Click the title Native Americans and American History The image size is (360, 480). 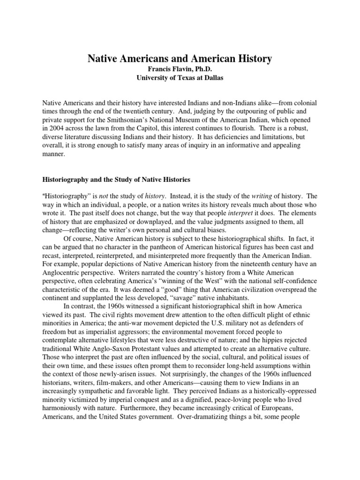180,59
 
